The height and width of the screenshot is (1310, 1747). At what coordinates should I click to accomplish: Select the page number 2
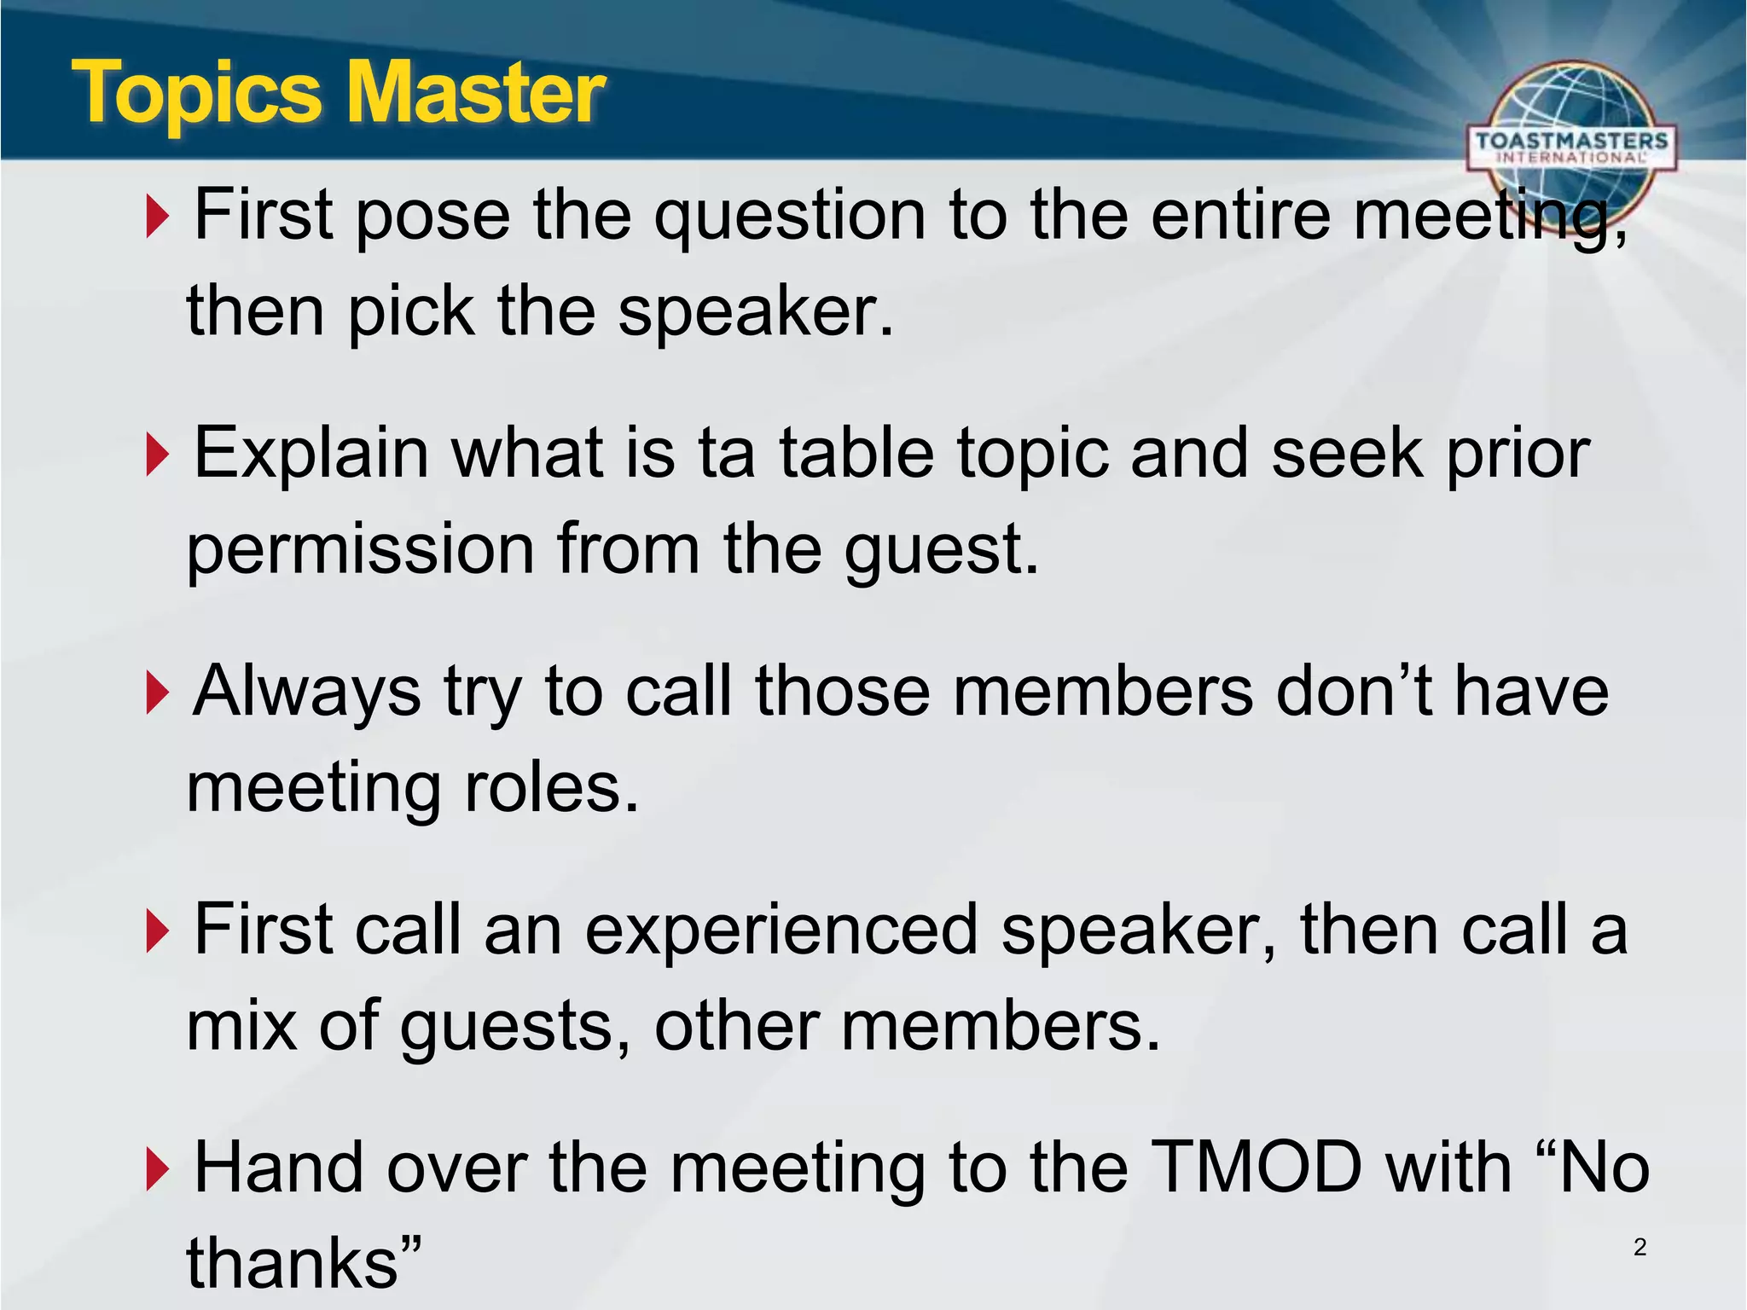(1640, 1247)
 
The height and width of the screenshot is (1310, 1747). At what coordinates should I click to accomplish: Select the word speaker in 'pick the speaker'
(754, 311)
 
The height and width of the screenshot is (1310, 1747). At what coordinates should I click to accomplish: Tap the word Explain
(311, 454)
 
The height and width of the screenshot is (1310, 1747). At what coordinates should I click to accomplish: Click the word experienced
(781, 930)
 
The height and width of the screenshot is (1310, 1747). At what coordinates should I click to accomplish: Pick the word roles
(551, 788)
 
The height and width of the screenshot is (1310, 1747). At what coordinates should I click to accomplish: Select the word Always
(305, 692)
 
